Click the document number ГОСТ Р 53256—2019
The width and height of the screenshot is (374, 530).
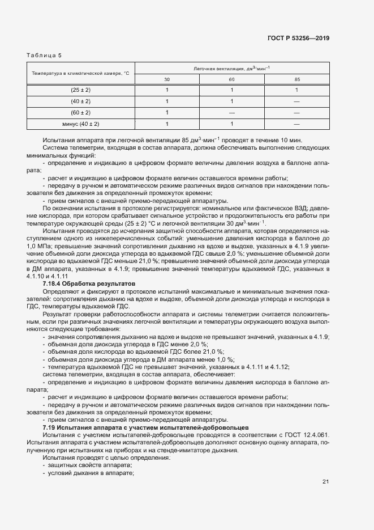pyautogui.click(x=299, y=38)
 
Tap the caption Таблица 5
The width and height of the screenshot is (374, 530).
pyautogui.click(x=44, y=55)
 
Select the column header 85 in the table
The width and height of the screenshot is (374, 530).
pyautogui.click(x=297, y=79)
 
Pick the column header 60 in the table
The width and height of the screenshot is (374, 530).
pyautogui.click(x=232, y=79)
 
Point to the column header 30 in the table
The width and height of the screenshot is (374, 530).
pyautogui.click(x=167, y=79)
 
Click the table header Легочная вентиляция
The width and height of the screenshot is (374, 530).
pyautogui.click(x=232, y=69)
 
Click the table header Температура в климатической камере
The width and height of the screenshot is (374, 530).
pyautogui.click(x=81, y=74)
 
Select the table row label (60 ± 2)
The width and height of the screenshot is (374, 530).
pyautogui.click(x=81, y=112)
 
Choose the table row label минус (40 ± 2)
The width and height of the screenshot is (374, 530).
pyautogui.click(x=81, y=123)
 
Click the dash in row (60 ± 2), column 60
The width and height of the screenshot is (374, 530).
pyautogui.click(x=232, y=112)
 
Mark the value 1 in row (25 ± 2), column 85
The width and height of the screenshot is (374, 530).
pyautogui.click(x=297, y=90)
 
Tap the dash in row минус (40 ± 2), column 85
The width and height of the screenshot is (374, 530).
pyautogui.click(x=297, y=123)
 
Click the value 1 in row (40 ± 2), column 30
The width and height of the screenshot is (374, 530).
pyautogui.click(x=167, y=101)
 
